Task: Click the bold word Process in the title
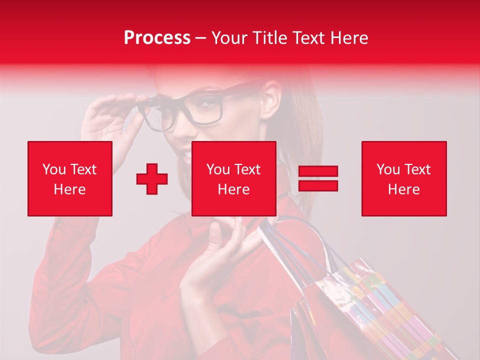pos(157,38)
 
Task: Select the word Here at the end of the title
pos(348,38)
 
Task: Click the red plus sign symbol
pos(152,179)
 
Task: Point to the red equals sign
pos(318,178)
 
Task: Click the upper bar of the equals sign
pos(318,171)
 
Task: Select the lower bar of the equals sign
pos(318,185)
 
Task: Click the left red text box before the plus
pos(70,178)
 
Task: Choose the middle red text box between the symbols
pos(233,178)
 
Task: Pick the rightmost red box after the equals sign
pos(403,178)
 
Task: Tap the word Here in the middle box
pos(233,189)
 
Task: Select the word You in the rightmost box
pos(388,169)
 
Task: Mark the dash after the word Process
pos(201,38)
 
